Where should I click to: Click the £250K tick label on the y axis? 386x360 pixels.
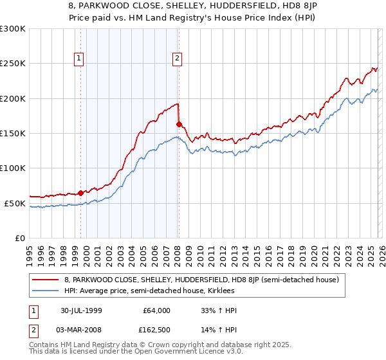(13, 64)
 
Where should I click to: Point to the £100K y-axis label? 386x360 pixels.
(13, 168)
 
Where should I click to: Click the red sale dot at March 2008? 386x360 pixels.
(179, 124)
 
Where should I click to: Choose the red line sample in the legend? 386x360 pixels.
(46, 280)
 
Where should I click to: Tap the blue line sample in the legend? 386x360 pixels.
(46, 291)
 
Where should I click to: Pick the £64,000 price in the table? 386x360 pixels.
(156, 310)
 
